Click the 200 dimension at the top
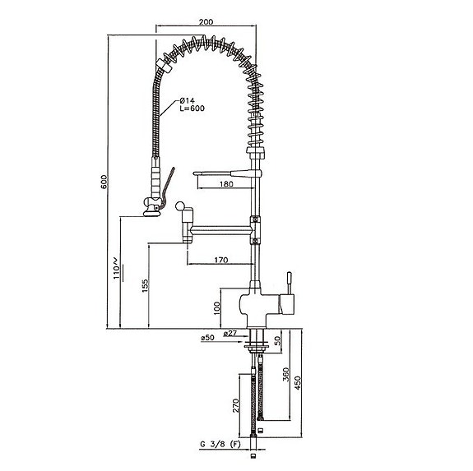tap(206, 21)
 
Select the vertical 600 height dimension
tap(104, 182)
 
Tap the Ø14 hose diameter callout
tap(187, 100)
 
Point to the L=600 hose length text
tap(192, 109)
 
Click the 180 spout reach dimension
tap(226, 184)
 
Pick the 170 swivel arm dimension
tap(221, 260)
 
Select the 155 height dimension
tap(145, 285)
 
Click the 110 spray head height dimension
tap(117, 268)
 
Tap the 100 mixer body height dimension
tap(217, 308)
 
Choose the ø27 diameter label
tap(230, 333)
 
